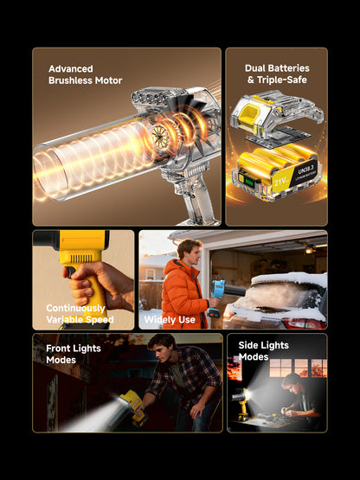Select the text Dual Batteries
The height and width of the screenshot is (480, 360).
pos(276,67)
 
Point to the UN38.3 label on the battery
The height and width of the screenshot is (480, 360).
pos(308,168)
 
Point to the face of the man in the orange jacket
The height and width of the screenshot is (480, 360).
pos(191,251)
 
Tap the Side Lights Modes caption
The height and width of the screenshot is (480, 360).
pos(264,351)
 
